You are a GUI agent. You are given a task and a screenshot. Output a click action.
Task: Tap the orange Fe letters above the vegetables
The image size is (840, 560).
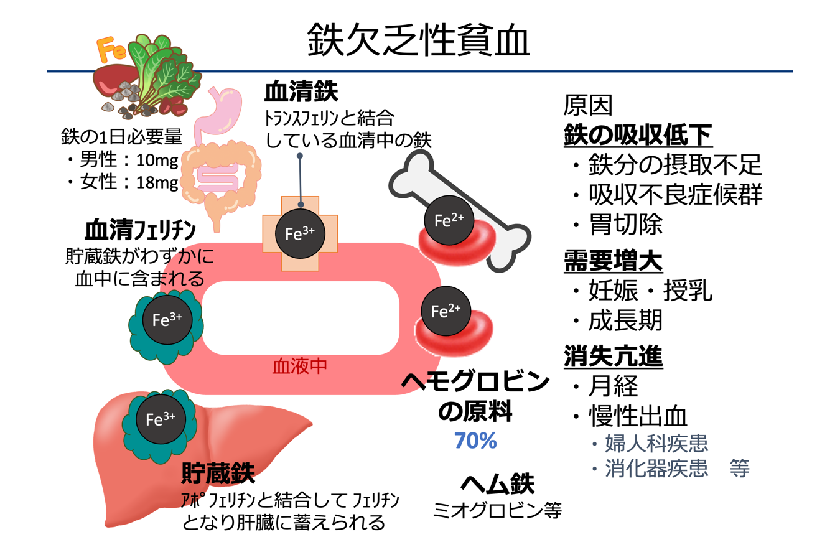tap(112, 50)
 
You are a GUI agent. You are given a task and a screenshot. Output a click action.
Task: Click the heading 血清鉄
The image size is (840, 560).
tap(301, 92)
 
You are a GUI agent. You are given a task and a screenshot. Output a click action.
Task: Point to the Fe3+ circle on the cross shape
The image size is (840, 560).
tap(300, 233)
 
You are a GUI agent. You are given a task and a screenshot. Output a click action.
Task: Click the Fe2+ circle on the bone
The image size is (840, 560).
tap(449, 220)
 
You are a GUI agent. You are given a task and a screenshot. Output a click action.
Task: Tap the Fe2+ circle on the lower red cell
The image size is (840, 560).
tap(446, 311)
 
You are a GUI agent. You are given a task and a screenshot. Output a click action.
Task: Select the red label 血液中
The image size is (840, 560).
tap(300, 366)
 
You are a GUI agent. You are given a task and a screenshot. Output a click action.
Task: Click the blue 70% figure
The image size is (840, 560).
tap(475, 441)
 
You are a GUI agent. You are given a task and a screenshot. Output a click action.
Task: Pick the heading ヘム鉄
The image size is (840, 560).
tap(497, 483)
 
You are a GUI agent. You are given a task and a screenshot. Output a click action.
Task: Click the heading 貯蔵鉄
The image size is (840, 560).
tap(218, 474)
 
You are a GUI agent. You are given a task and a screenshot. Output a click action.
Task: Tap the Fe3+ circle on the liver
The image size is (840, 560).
tap(161, 419)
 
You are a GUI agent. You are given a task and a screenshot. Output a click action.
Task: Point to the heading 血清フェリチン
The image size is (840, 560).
tap(140, 230)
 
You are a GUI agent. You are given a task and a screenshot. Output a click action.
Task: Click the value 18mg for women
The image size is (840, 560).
tap(157, 182)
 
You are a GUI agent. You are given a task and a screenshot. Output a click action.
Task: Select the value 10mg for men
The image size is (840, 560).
tap(157, 160)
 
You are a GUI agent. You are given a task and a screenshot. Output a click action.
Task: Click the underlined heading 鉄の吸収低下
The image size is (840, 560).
tap(638, 134)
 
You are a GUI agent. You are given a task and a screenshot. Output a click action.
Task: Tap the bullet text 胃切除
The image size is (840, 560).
tap(625, 225)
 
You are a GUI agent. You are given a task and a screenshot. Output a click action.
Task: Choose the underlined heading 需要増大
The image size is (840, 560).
tap(613, 261)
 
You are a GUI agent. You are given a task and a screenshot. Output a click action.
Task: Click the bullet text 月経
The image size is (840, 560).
tap(613, 386)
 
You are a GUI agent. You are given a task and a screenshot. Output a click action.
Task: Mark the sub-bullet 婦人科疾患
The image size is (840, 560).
tap(656, 444)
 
